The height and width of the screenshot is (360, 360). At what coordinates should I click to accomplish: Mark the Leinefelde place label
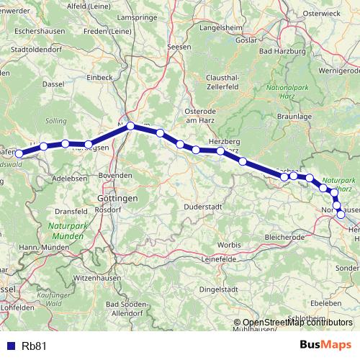click(x=219, y=258)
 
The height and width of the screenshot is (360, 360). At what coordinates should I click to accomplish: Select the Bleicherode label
click(x=286, y=236)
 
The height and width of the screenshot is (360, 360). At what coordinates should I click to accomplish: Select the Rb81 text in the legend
click(x=35, y=345)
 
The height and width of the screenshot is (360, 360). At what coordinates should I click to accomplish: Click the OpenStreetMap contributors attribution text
click(x=297, y=322)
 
